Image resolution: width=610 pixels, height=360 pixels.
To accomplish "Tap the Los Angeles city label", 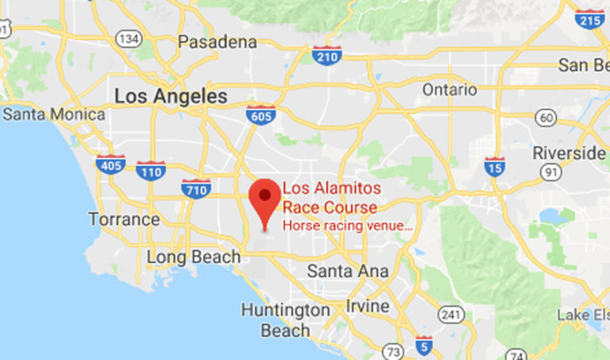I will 171,96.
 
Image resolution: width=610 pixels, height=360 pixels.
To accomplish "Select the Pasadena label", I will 218,42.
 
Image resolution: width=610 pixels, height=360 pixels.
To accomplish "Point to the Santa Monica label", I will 54,114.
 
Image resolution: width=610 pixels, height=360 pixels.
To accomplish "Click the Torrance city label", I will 124,219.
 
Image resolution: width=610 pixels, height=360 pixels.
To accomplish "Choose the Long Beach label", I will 194,257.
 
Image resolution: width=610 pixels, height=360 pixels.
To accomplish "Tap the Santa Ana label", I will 348,271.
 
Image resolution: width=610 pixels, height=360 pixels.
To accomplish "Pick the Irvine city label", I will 368,306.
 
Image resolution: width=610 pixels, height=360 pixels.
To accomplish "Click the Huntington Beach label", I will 286,319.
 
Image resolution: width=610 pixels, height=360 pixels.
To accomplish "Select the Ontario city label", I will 450,90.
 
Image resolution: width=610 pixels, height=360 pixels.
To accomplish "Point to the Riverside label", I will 569,152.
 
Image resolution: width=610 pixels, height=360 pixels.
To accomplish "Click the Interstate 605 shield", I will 261,114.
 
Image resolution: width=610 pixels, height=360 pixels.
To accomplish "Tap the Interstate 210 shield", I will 326,55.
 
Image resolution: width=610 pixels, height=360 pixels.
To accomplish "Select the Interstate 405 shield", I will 110,165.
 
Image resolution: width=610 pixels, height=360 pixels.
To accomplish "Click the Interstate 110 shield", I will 150,169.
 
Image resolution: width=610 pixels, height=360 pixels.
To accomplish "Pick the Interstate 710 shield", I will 196,188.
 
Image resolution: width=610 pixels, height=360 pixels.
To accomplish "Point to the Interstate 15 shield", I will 494,166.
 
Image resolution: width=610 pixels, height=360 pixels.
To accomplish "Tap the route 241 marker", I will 452,315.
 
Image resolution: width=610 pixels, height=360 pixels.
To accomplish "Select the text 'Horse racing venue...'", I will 348,226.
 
